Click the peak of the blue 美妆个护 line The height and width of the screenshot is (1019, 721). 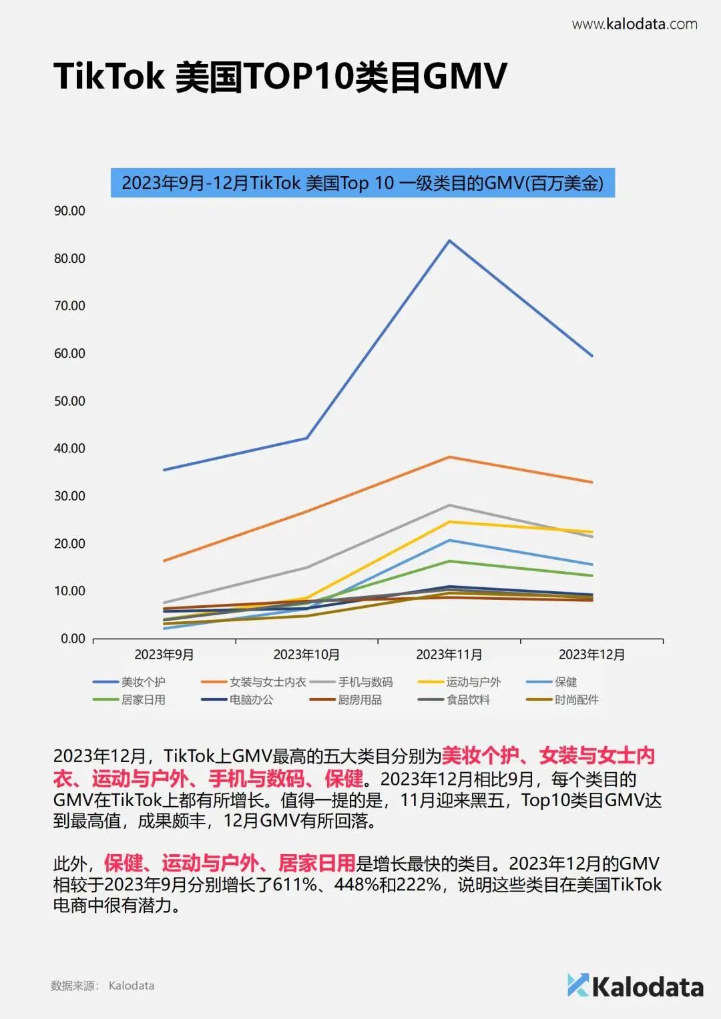tap(449, 240)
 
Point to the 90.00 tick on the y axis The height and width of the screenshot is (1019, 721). tap(69, 211)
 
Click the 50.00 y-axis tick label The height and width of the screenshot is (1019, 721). tap(69, 401)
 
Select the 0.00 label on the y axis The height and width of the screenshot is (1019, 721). tap(73, 639)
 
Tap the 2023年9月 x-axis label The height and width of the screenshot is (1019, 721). tap(164, 655)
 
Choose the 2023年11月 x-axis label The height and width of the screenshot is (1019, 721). tap(449, 655)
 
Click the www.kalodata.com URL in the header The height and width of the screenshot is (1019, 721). tap(634, 25)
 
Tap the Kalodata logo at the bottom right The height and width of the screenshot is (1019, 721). tap(635, 986)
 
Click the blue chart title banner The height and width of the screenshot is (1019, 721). tap(363, 183)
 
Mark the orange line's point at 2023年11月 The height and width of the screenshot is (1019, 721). tap(449, 457)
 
